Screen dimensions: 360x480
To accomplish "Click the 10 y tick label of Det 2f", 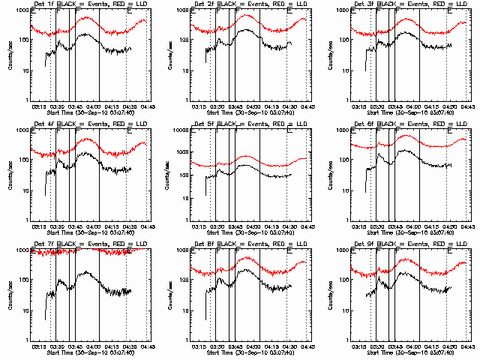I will click(x=185, y=73).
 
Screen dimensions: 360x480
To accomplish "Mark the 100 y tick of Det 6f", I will click(x=343, y=161).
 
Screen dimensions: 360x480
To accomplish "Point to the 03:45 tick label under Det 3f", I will click(x=394, y=107).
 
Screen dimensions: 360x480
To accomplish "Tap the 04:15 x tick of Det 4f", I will click(x=112, y=226).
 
